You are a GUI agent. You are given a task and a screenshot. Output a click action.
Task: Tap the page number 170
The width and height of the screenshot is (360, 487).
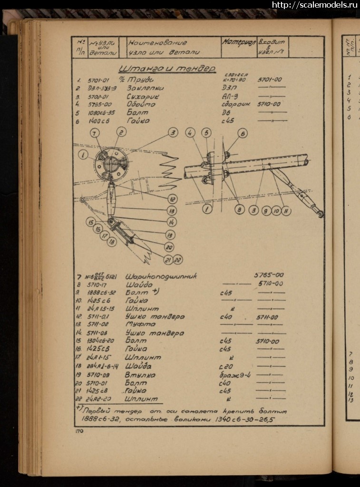(x=79, y=431)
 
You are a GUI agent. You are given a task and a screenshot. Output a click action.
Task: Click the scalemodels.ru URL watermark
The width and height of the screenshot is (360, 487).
(x=314, y=5)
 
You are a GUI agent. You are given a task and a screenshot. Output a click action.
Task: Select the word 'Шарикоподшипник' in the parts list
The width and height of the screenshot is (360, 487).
(x=161, y=276)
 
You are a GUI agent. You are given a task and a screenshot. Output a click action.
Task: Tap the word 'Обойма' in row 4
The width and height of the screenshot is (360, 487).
(x=141, y=104)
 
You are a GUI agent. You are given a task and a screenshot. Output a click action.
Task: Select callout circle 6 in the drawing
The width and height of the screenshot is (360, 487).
(x=243, y=134)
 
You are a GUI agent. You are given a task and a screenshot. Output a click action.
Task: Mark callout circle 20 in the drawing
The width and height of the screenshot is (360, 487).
(x=169, y=247)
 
